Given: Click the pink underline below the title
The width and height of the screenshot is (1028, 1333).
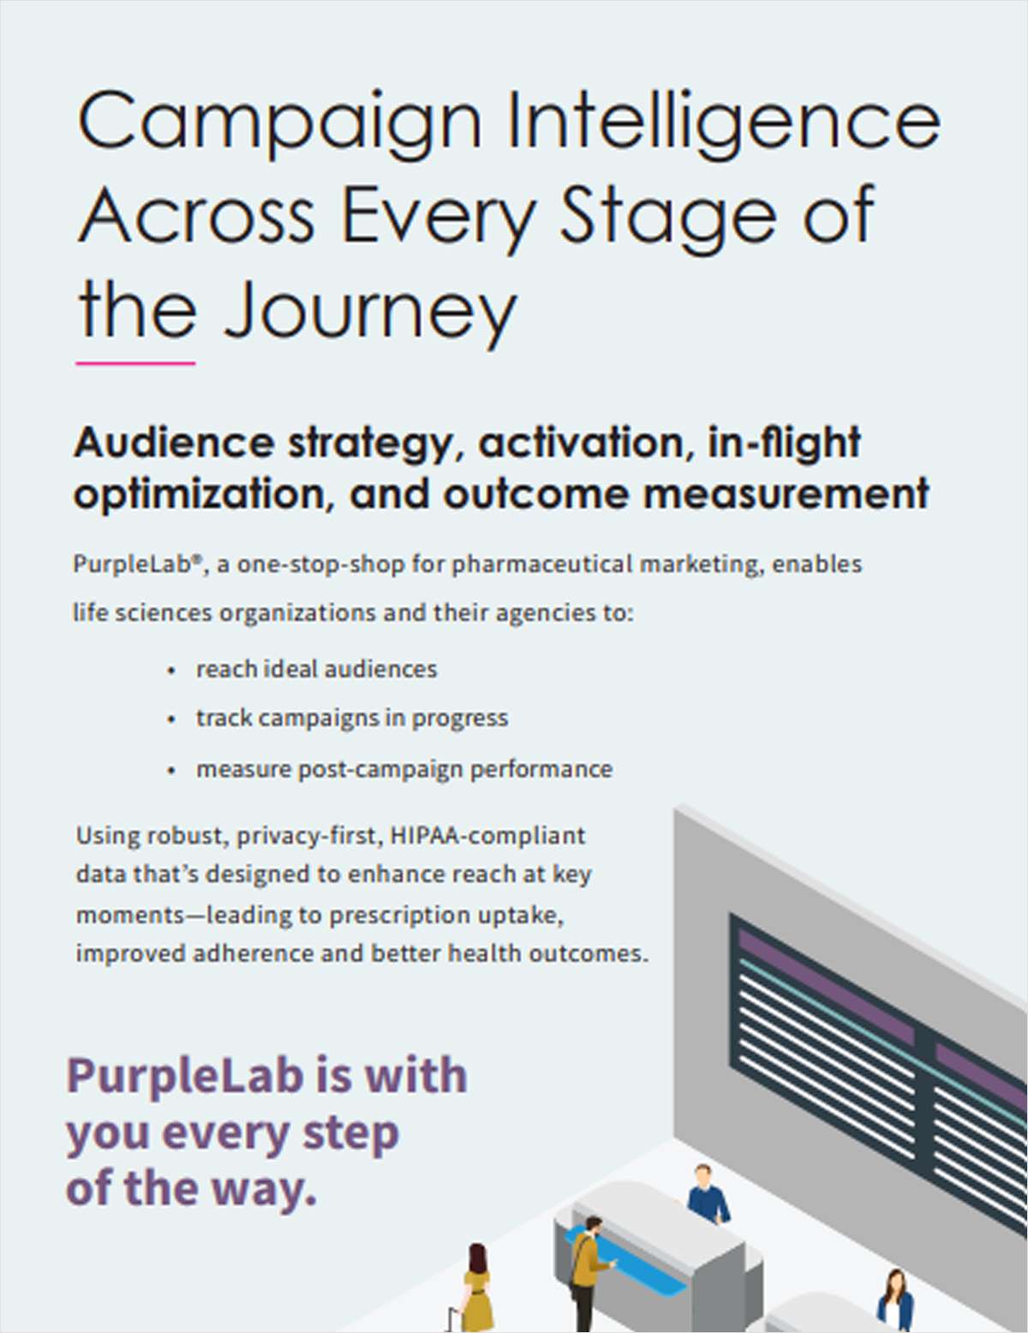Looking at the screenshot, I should (135, 363).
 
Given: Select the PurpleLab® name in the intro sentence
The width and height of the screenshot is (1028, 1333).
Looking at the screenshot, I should (137, 565).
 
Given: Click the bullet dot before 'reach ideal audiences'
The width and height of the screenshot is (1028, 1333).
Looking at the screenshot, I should (172, 670).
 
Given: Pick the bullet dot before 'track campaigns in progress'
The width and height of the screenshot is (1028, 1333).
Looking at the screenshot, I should (172, 719).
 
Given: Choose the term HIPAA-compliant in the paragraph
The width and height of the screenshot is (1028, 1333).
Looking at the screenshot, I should (487, 835).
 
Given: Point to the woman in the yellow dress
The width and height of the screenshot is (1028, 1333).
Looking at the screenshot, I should (476, 1286).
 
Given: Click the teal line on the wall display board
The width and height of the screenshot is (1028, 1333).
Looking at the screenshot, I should (822, 1007).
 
